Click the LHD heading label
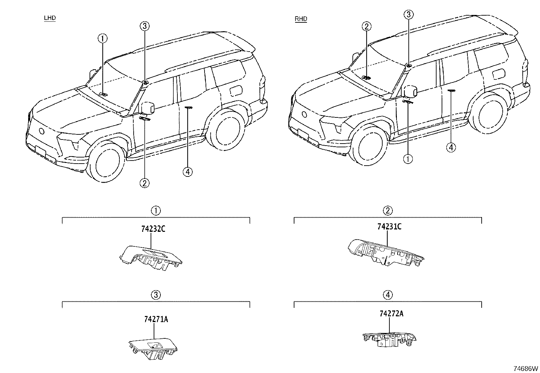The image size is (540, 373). click(50, 18)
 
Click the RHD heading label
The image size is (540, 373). click(301, 19)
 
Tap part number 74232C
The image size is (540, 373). click(153, 229)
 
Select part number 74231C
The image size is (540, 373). click(389, 227)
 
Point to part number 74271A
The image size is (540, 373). click(156, 319)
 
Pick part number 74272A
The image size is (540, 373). click(391, 313)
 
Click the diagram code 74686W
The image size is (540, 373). click(525, 369)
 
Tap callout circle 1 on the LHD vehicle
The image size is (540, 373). click(102, 38)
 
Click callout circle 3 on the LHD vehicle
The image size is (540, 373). click(144, 26)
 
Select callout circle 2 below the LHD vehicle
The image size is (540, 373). click(144, 183)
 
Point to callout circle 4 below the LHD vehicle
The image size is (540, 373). click(188, 172)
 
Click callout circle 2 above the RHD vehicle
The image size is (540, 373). click(366, 26)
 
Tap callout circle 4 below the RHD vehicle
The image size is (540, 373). click(451, 147)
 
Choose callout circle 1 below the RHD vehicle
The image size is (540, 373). click(408, 159)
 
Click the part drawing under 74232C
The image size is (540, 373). click(151, 258)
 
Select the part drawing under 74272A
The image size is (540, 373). click(389, 339)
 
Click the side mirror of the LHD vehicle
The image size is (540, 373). click(148, 108)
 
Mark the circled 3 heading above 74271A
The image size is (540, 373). click(156, 295)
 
